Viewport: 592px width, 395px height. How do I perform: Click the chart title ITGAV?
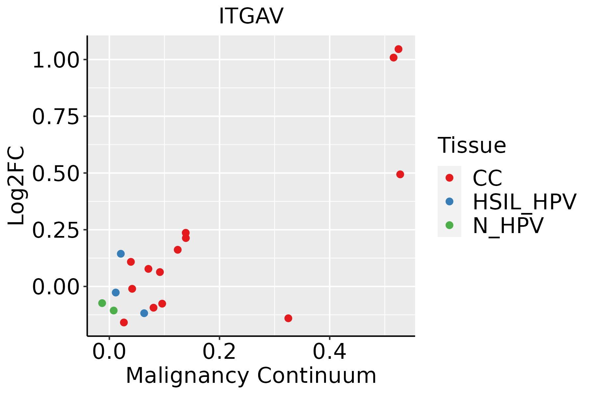pyautogui.click(x=251, y=16)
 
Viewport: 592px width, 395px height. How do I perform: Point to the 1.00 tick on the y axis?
pyautogui.click(x=56, y=60)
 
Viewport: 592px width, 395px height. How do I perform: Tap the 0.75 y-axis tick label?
pyautogui.click(x=56, y=117)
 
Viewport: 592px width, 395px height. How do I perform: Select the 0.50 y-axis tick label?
pyautogui.click(x=56, y=173)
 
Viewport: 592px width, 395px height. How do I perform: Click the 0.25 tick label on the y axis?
pyautogui.click(x=56, y=230)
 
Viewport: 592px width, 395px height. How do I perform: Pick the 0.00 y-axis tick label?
pyautogui.click(x=56, y=287)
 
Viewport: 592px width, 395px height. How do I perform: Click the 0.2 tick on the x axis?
pyautogui.click(x=219, y=352)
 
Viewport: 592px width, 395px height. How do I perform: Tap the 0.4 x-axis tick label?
pyautogui.click(x=329, y=352)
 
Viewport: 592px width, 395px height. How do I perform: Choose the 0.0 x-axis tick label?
pyautogui.click(x=109, y=352)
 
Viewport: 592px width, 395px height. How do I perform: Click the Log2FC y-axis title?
pyautogui.click(x=16, y=186)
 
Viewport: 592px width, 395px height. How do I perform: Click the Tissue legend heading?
pyautogui.click(x=472, y=145)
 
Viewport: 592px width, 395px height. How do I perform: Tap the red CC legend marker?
pyautogui.click(x=449, y=178)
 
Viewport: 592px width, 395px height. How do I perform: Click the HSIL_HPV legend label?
pyautogui.click(x=524, y=201)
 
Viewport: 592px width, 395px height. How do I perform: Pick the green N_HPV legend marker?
pyautogui.click(x=449, y=225)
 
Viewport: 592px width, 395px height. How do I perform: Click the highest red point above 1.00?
pyautogui.click(x=398, y=49)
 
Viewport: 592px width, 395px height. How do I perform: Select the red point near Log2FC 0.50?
pyautogui.click(x=400, y=174)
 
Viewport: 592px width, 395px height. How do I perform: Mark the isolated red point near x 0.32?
pyautogui.click(x=288, y=318)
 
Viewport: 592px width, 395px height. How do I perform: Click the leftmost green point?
pyautogui.click(x=102, y=303)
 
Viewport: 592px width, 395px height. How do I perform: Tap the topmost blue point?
pyautogui.click(x=121, y=253)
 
